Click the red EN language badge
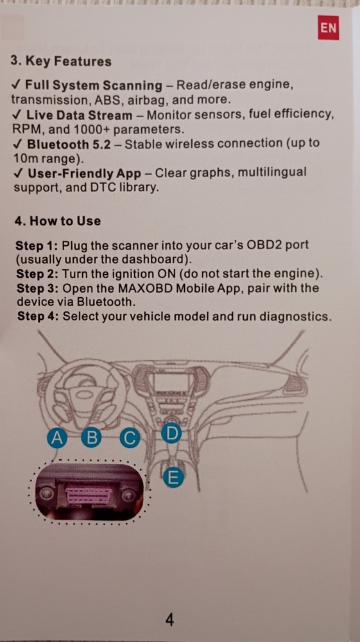(327, 29)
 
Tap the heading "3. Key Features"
(61, 62)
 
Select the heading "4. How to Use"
(57, 221)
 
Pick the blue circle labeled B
(93, 438)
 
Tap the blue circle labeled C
(130, 438)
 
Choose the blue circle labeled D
(171, 433)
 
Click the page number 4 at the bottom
(170, 620)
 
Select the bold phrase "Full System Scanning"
(94, 85)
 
